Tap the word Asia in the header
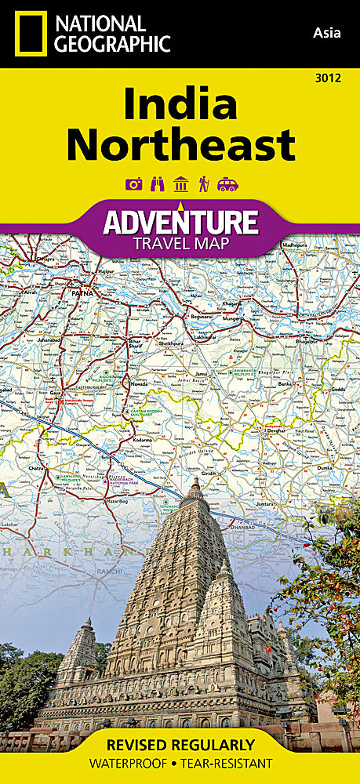[x=327, y=32]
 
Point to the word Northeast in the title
[x=180, y=145]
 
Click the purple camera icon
[x=134, y=184]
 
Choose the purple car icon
[x=227, y=184]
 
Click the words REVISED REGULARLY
[x=180, y=744]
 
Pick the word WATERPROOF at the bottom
[x=131, y=763]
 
